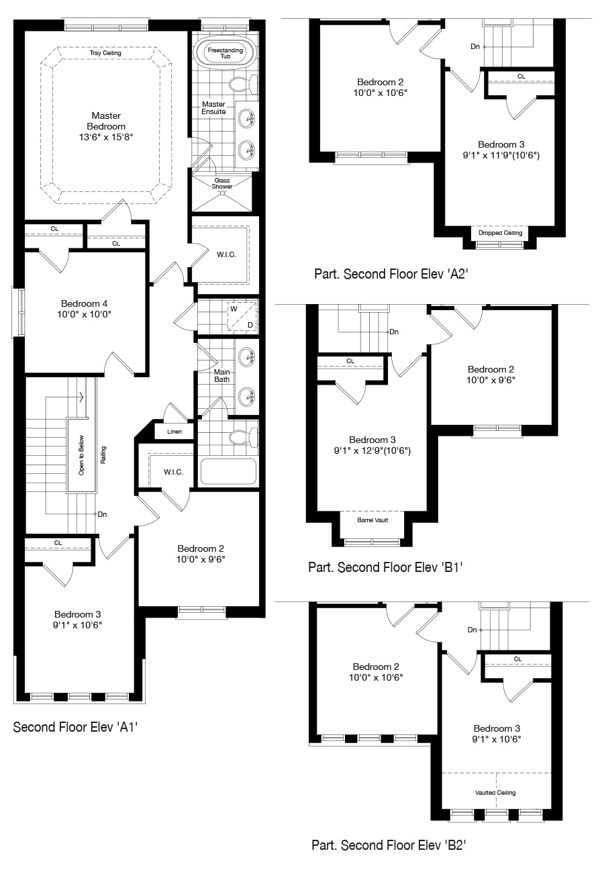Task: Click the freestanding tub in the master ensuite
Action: click(x=225, y=54)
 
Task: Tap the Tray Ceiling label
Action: click(x=105, y=53)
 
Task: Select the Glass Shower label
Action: click(x=222, y=183)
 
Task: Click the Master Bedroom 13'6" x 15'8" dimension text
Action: click(x=106, y=137)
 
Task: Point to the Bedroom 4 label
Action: click(x=85, y=303)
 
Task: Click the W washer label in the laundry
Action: click(x=234, y=309)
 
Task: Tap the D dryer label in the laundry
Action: click(x=250, y=325)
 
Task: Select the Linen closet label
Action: click(x=174, y=432)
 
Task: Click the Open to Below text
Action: click(x=81, y=455)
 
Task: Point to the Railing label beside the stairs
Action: click(x=103, y=455)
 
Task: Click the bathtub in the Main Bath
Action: click(x=228, y=471)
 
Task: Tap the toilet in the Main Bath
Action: click(x=243, y=437)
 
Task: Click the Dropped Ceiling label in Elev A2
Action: click(x=500, y=233)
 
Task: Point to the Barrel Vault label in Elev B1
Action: click(x=372, y=520)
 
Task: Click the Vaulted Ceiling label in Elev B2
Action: click(x=495, y=793)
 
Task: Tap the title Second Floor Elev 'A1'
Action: click(x=75, y=727)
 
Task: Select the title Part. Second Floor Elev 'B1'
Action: click(x=385, y=567)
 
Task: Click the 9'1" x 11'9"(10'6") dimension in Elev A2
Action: click(x=501, y=155)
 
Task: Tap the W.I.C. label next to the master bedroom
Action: click(x=226, y=255)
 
